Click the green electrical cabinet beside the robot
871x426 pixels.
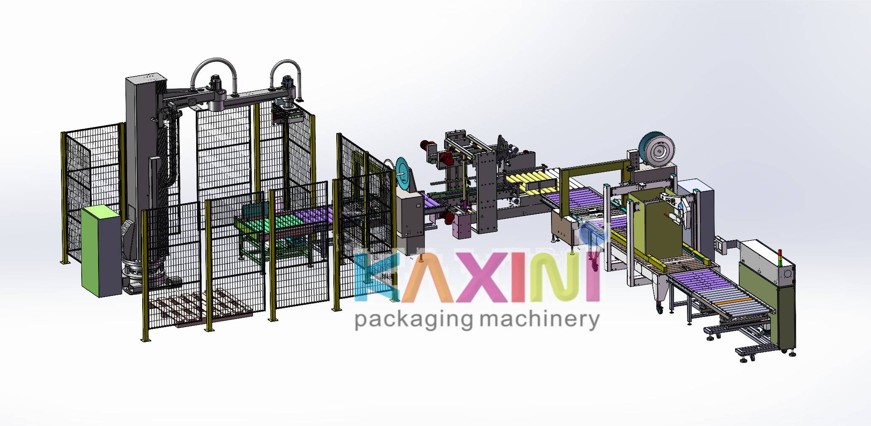[x=101, y=251]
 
